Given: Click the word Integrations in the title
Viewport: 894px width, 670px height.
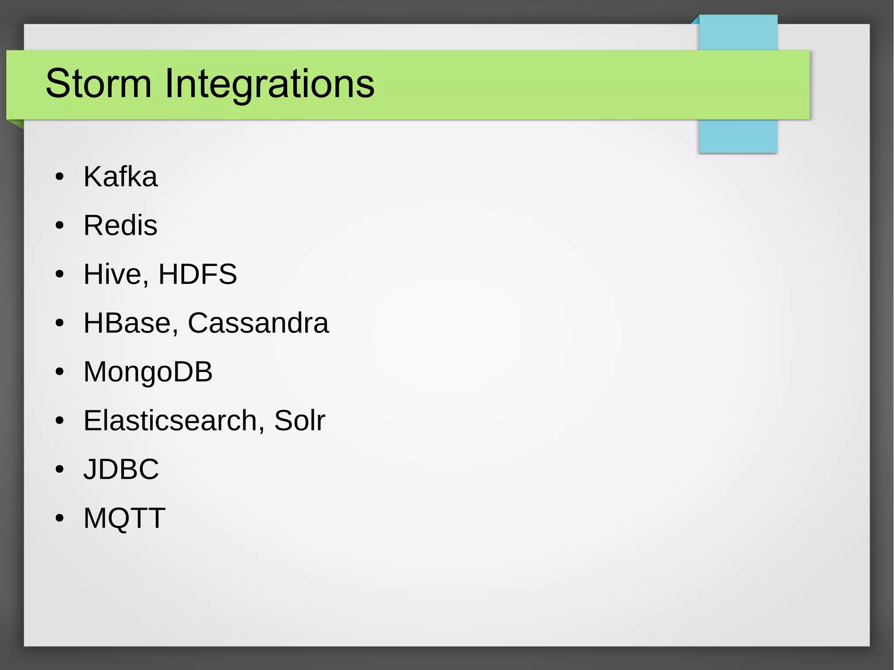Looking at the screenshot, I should point(269,84).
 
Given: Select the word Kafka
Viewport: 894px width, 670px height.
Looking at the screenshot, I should point(120,177).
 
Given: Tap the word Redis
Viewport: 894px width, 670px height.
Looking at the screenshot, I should point(120,225).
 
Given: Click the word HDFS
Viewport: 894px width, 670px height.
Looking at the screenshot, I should point(197,274).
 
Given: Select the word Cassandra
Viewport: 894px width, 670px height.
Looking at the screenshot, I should point(258,323).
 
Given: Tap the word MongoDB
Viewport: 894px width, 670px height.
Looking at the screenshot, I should point(148,372).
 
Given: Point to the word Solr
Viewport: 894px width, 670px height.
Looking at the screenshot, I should point(299,420).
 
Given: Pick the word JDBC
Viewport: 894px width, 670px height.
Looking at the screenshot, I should point(121,469).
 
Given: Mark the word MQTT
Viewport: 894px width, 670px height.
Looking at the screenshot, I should point(124,518).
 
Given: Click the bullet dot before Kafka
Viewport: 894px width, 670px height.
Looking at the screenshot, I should point(60,177).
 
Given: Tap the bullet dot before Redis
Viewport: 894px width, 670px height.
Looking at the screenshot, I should point(60,226).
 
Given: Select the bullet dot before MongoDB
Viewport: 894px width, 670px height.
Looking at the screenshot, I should point(60,372).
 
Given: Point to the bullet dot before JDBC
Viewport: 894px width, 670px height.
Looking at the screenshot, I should point(60,470).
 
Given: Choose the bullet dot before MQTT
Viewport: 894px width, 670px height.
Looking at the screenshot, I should point(60,519).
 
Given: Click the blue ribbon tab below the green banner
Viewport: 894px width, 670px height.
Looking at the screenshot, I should point(738,136).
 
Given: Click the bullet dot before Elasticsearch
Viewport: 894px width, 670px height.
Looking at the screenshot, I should point(60,421).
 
